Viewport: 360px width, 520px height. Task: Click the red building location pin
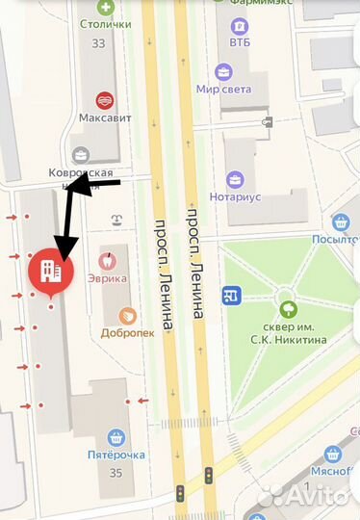tap(51, 272)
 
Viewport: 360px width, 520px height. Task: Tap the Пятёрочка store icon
tap(116, 438)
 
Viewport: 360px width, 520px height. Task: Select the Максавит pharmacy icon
tap(104, 99)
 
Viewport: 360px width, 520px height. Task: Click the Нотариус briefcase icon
tap(235, 179)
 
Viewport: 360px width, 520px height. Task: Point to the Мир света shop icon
tap(223, 72)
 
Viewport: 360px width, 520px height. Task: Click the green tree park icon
tap(287, 310)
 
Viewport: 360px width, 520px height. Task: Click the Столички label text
tap(106, 26)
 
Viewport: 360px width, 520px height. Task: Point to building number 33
tap(98, 43)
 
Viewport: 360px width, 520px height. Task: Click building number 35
tap(116, 473)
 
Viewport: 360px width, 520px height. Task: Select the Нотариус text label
tap(235, 196)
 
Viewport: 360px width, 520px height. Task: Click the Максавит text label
tap(105, 117)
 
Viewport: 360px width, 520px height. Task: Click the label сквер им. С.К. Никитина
tap(287, 333)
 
